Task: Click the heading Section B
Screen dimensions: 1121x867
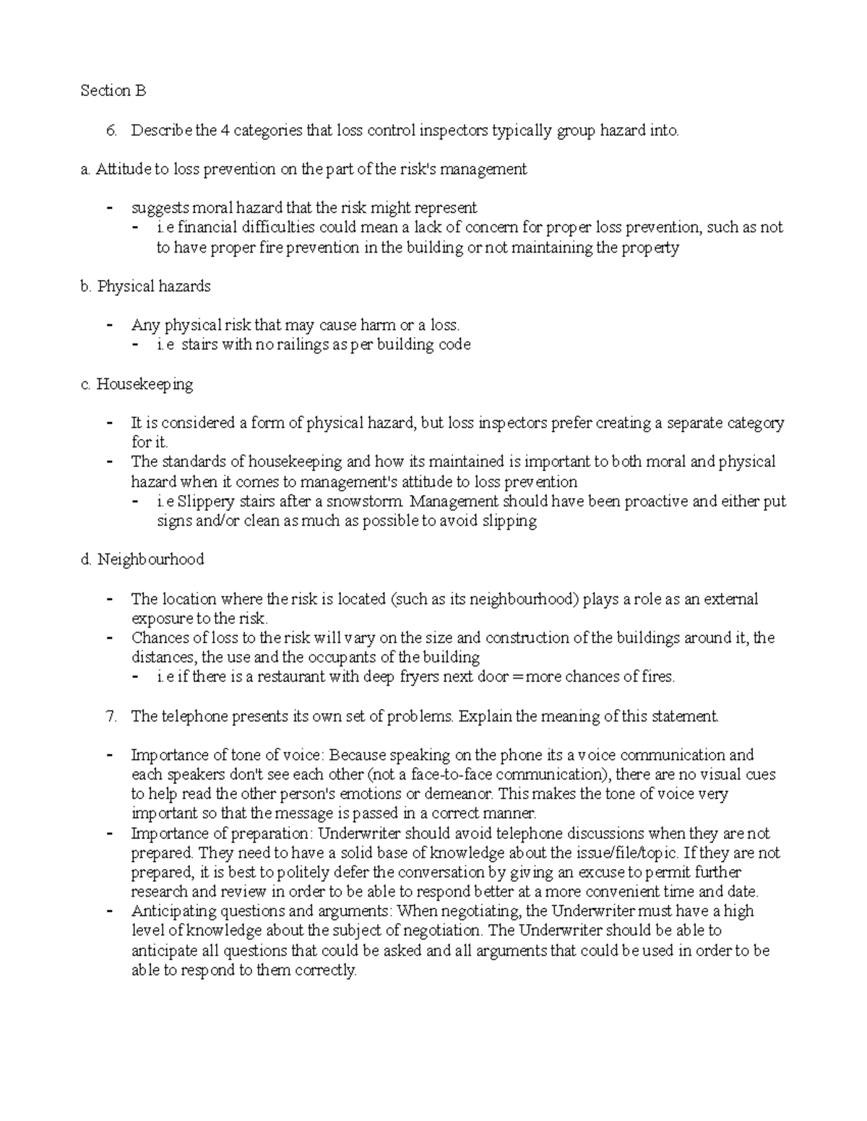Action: (113, 91)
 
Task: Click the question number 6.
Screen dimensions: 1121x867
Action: (111, 131)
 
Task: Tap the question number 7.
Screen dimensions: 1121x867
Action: (111, 716)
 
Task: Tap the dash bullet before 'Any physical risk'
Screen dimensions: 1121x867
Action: (110, 326)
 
